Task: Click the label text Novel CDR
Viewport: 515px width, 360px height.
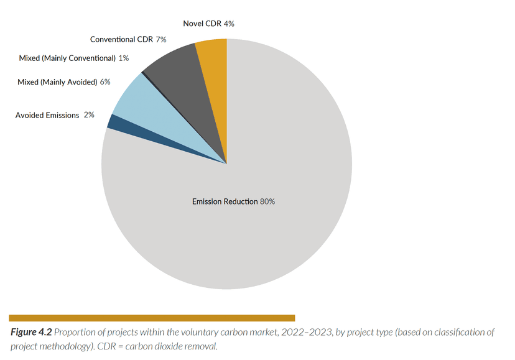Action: [x=202, y=24]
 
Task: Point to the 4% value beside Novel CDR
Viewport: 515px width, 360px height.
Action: [x=229, y=24]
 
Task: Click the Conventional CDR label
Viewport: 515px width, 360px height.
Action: [x=121, y=39]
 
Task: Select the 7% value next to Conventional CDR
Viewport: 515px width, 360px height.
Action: [x=161, y=39]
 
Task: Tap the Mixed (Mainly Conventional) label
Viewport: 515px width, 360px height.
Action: [x=67, y=58]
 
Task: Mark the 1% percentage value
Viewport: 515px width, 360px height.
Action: [x=124, y=58]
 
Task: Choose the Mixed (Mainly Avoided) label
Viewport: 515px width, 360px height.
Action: [x=57, y=81]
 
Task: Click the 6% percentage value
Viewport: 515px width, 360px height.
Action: [x=105, y=81]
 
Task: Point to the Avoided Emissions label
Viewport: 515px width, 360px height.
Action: [x=47, y=115]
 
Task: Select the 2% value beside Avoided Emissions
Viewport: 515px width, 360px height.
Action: [x=89, y=115]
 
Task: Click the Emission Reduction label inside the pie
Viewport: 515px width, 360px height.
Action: [x=225, y=201]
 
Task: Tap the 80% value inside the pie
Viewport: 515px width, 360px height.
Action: [x=267, y=201]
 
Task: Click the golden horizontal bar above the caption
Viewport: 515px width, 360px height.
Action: [x=152, y=318]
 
